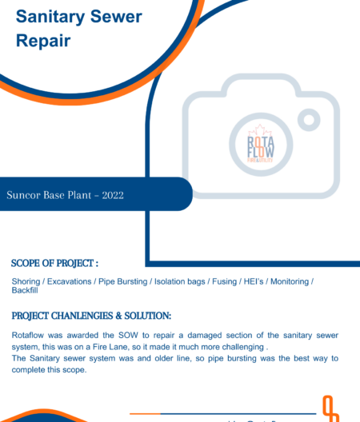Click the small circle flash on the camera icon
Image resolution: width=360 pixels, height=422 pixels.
(x=309, y=120)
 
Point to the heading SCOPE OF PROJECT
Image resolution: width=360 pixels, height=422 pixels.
(x=54, y=262)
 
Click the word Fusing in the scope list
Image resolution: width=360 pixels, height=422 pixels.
(x=226, y=281)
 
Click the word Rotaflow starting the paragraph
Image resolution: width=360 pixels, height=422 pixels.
(x=30, y=336)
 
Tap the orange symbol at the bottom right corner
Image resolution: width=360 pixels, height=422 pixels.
(x=330, y=408)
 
